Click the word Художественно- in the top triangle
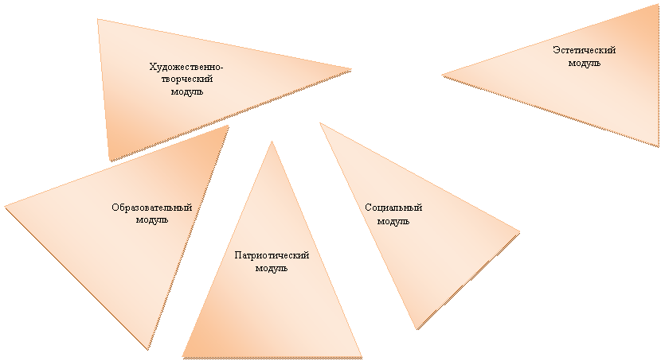(x=186, y=67)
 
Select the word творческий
(x=186, y=79)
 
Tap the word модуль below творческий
(x=186, y=91)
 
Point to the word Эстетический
(x=585, y=50)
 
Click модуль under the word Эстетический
(x=585, y=63)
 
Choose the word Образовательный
(x=152, y=208)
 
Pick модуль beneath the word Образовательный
(x=152, y=219)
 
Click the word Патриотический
(x=272, y=255)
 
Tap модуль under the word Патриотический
(x=272, y=268)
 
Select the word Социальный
(x=393, y=208)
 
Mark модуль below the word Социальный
(x=393, y=221)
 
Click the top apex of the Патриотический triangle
(x=272, y=142)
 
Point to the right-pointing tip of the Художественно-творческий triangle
(x=351, y=69)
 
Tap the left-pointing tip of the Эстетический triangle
(x=442, y=76)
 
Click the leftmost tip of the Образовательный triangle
(x=5, y=206)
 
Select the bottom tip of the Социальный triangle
(x=417, y=328)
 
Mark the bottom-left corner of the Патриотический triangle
(x=182, y=357)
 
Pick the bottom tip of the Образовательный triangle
(x=148, y=349)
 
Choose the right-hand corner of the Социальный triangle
(x=519, y=232)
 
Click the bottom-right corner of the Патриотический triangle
(x=362, y=358)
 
